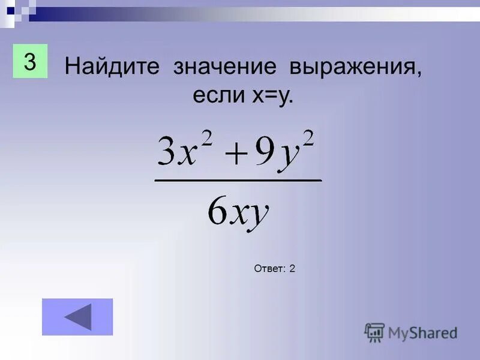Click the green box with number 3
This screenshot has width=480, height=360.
tap(29, 60)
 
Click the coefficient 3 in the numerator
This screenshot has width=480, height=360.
tap(165, 153)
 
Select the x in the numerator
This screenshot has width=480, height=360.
tap(187, 155)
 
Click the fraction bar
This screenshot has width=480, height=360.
tap(238, 179)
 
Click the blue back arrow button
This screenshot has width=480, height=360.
tap(77, 317)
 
